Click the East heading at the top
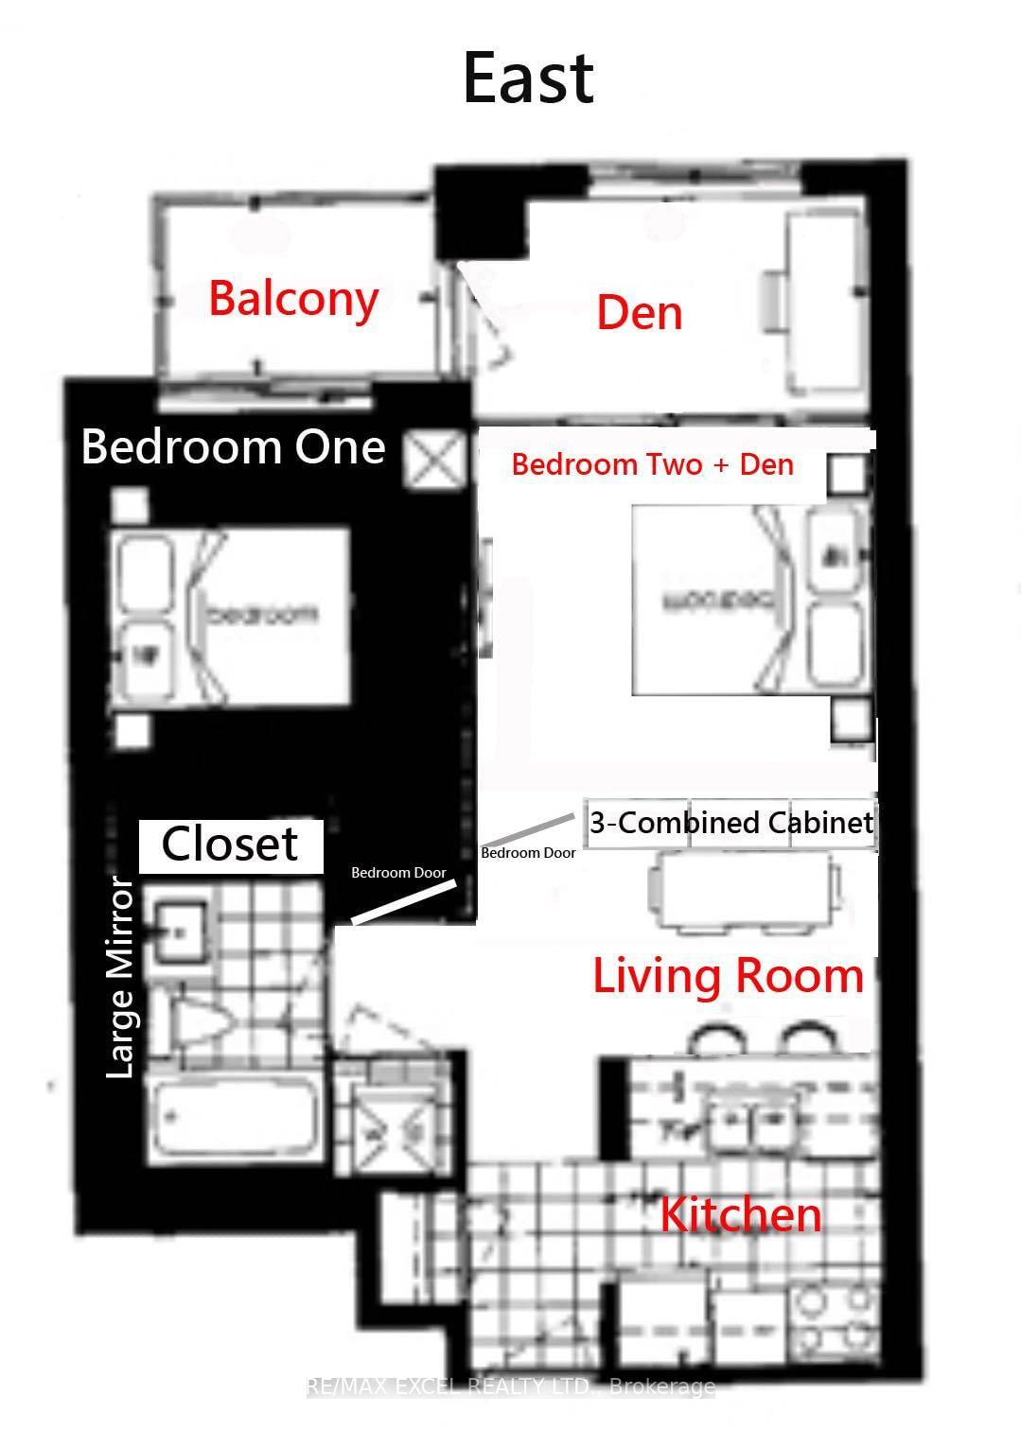528,78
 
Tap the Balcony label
293,298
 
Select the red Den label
639,313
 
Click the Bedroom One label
233,446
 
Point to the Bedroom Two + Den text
652,464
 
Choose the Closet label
230,845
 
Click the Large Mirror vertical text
120,977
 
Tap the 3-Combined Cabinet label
731,822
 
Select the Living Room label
728,976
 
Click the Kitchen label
740,1214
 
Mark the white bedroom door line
404,902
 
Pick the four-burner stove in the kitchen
832,1319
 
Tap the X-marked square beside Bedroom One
435,461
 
